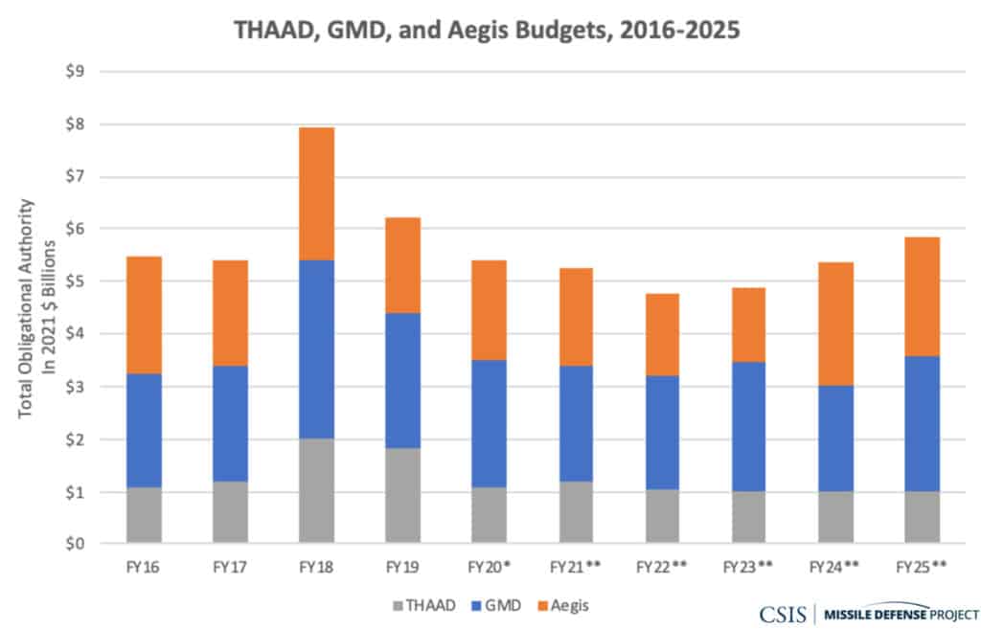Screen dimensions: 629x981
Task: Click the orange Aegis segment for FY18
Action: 316,193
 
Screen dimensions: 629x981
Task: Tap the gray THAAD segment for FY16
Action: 144,515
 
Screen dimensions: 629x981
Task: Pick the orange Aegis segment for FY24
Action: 834,324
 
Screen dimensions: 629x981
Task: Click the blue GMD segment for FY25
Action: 921,423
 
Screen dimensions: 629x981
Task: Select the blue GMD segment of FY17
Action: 230,423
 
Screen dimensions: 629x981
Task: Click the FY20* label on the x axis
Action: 489,567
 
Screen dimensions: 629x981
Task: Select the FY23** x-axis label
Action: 748,567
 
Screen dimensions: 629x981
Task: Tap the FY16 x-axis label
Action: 144,567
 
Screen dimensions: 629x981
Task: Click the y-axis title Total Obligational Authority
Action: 28,306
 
